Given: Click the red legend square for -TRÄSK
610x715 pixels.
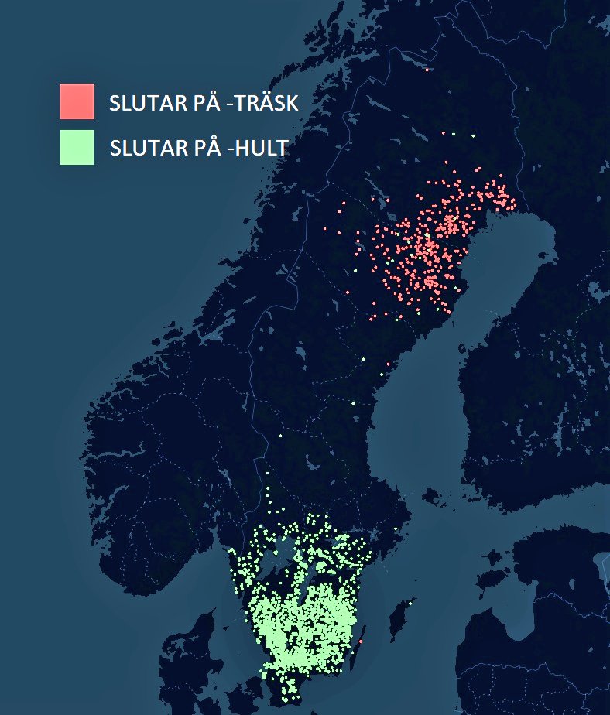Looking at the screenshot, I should point(77,101).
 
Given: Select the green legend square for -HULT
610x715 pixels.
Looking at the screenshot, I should point(77,147).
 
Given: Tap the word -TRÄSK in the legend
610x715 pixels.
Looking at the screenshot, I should point(260,104).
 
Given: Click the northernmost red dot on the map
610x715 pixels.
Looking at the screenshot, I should point(427,70).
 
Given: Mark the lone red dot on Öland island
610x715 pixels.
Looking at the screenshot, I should point(361,641).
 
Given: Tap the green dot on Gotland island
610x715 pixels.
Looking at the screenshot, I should point(408,602).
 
